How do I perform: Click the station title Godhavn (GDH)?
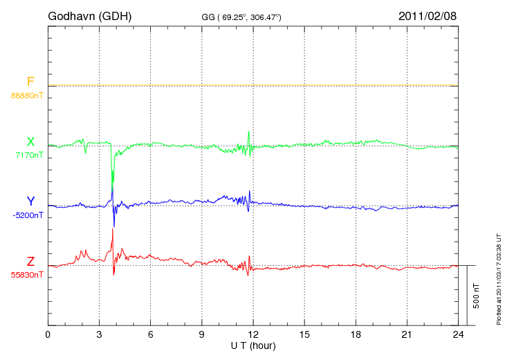click(90, 15)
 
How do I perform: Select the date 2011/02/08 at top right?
click(428, 15)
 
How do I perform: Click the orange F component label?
click(30, 82)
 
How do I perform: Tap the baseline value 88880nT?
click(27, 95)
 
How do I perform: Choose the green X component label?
click(30, 142)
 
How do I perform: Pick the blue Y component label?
click(30, 201)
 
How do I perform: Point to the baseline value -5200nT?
click(28, 215)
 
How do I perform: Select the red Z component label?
click(30, 262)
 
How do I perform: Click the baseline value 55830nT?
click(27, 275)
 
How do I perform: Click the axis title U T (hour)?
click(252, 345)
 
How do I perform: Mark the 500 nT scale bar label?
click(477, 296)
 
